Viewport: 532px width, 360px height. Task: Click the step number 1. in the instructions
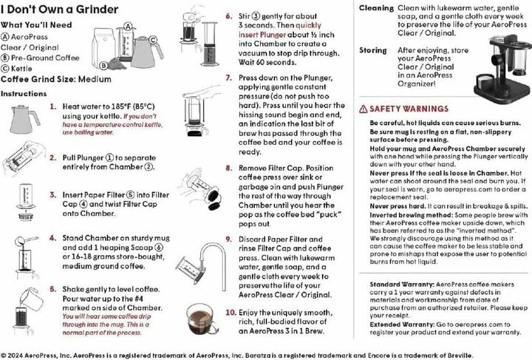click(53, 106)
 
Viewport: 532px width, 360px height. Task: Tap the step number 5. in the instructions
click(53, 289)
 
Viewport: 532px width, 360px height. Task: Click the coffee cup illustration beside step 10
click(201, 319)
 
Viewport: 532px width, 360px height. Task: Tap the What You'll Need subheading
click(36, 24)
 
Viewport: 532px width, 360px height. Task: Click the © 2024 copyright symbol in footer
click(4, 353)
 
